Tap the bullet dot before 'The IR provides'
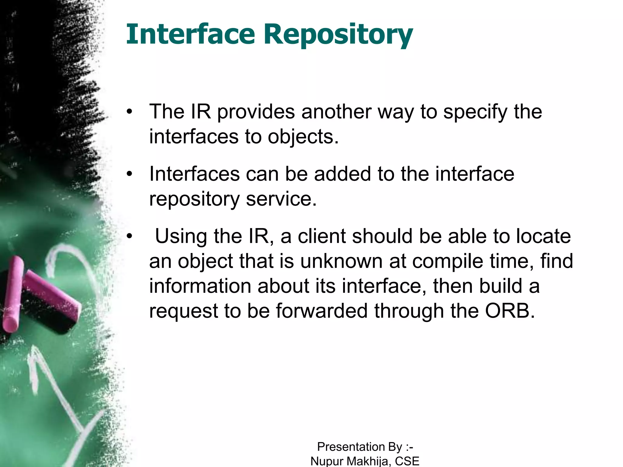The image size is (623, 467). click(130, 112)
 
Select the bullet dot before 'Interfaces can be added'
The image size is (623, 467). click(130, 174)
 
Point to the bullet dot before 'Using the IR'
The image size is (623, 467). click(130, 236)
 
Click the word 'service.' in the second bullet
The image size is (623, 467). click(281, 199)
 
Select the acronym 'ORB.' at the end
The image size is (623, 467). click(510, 311)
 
